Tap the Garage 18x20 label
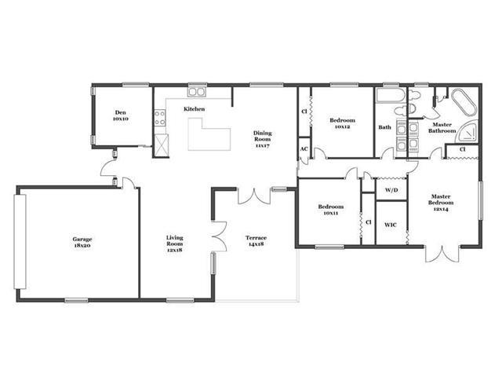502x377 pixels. [82, 242]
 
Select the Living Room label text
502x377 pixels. [174, 243]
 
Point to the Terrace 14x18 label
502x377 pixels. [256, 241]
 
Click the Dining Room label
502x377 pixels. [262, 139]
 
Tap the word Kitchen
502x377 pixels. [194, 109]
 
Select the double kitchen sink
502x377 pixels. [197, 92]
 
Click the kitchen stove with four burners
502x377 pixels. [160, 118]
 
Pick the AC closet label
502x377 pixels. [304, 149]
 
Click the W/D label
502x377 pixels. [391, 190]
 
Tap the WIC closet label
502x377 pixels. [391, 225]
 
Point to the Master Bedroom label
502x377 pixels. [441, 203]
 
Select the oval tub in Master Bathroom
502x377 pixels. [464, 102]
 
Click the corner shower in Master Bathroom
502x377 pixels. [468, 131]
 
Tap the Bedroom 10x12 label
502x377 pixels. [342, 123]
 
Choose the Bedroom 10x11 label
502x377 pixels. [331, 210]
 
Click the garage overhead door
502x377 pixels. [20, 242]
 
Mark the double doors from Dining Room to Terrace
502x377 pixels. [254, 196]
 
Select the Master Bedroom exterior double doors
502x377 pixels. [442, 254]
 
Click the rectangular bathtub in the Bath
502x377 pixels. [391, 95]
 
